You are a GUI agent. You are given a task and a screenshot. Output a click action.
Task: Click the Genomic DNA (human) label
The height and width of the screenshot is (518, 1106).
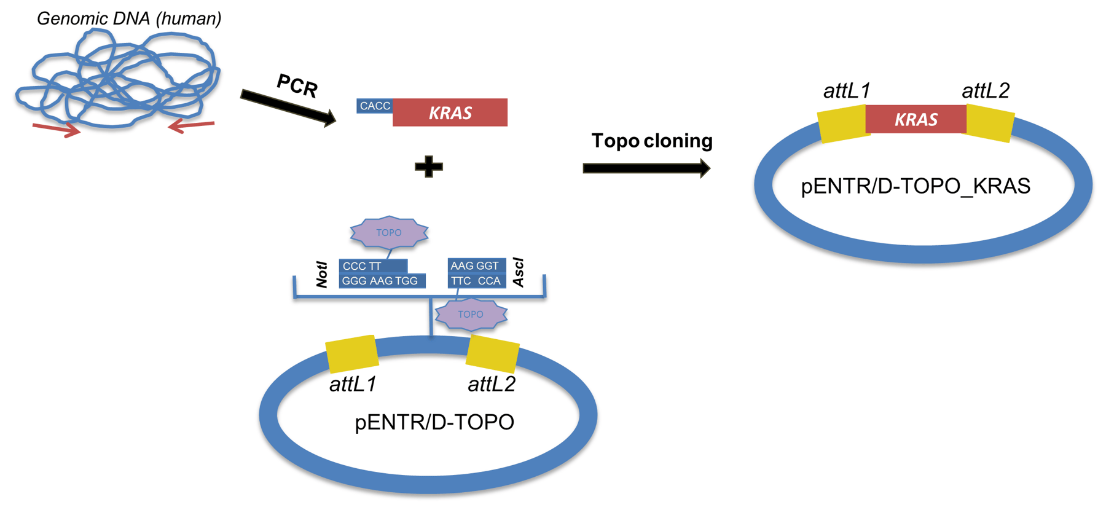129,18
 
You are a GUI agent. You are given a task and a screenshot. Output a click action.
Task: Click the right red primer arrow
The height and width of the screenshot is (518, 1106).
191,126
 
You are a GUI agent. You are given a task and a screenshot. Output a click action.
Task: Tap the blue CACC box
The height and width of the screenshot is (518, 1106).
374,106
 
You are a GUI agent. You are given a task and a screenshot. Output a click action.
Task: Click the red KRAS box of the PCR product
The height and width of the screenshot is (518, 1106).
450,113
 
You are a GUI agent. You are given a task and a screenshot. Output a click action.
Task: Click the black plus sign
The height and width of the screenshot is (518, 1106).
428,167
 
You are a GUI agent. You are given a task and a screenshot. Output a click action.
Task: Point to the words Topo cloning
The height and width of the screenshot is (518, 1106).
651,141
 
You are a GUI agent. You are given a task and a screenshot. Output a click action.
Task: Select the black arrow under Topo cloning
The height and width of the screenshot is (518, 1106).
646,168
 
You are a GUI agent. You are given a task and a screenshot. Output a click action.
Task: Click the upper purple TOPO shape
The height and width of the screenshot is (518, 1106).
389,232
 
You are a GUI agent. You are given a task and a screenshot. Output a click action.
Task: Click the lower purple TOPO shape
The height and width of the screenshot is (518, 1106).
471,314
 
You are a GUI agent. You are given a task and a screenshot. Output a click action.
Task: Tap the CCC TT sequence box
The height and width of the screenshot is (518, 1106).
372,266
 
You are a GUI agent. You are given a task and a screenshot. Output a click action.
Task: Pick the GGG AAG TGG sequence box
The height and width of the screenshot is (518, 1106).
382,281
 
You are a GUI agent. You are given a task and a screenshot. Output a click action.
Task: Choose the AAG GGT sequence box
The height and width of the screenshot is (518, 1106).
476,265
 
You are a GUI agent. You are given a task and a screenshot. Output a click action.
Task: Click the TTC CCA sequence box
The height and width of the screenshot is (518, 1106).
476,281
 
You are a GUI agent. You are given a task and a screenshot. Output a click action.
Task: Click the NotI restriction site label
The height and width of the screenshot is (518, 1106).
322,274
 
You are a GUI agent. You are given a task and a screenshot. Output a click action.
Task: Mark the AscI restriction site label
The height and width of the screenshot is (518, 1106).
519,272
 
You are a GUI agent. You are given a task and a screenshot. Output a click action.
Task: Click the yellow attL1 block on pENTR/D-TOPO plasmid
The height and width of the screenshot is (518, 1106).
351,354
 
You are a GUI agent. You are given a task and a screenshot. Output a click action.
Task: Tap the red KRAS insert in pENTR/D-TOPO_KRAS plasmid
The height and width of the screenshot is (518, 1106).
916,119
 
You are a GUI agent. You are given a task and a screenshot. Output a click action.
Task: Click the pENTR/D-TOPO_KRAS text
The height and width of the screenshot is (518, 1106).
916,186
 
